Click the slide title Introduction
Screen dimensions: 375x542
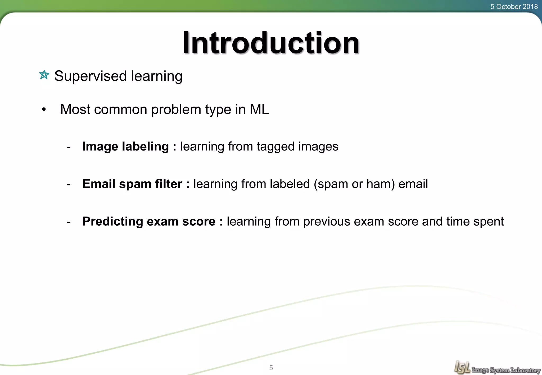click(271, 43)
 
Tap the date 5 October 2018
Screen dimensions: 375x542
click(514, 7)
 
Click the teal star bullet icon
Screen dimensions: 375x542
click(44, 75)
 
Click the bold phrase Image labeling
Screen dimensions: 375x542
click(125, 147)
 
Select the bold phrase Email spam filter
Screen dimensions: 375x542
click(132, 184)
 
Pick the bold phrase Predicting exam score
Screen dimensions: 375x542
click(149, 221)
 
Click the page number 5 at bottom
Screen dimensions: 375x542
click(271, 368)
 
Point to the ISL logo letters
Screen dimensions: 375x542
click(462, 367)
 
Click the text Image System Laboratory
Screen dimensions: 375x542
click(506, 370)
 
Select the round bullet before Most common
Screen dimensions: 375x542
click(44, 109)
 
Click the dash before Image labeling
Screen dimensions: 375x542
click(69, 147)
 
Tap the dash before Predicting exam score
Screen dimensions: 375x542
click(69, 222)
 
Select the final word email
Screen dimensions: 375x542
click(413, 184)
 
